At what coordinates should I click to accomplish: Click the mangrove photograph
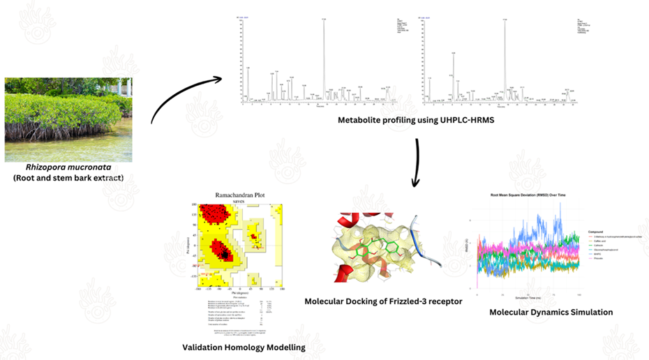coord(68,119)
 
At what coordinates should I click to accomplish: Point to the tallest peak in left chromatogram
coord(323,21)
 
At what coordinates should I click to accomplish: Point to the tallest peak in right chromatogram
coord(505,21)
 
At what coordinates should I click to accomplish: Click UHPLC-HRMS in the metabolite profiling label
coord(461,120)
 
